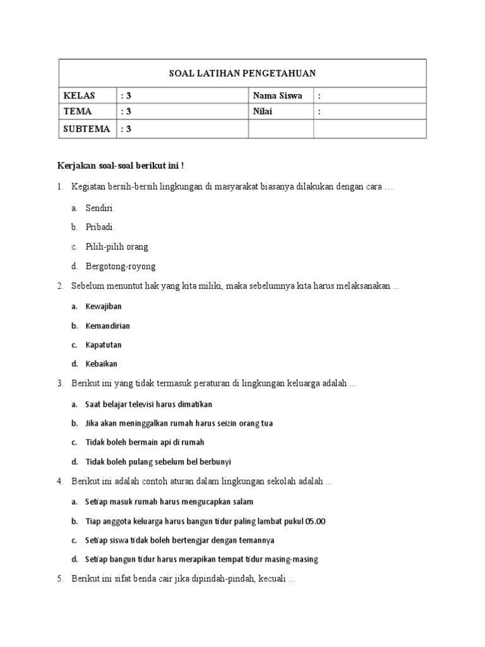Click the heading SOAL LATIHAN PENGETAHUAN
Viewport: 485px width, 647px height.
pos(242,73)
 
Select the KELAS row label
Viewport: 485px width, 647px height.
pos(79,96)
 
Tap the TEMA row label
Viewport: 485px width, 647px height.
pos(78,112)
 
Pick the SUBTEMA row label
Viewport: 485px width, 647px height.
pos(87,129)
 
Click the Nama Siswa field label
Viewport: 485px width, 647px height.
pos(277,96)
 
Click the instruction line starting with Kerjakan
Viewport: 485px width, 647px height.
pos(120,166)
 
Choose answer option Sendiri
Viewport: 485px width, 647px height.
pos(99,207)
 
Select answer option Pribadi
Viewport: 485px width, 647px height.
pos(99,227)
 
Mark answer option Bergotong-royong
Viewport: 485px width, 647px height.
pos(121,266)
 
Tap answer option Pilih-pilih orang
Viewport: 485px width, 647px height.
pos(117,246)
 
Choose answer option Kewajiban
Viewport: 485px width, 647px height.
pos(103,306)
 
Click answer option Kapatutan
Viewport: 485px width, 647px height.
pos(103,345)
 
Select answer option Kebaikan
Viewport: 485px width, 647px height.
pos(101,364)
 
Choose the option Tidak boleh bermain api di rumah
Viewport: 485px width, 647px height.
pos(145,442)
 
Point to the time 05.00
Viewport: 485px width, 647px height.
pos(315,521)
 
